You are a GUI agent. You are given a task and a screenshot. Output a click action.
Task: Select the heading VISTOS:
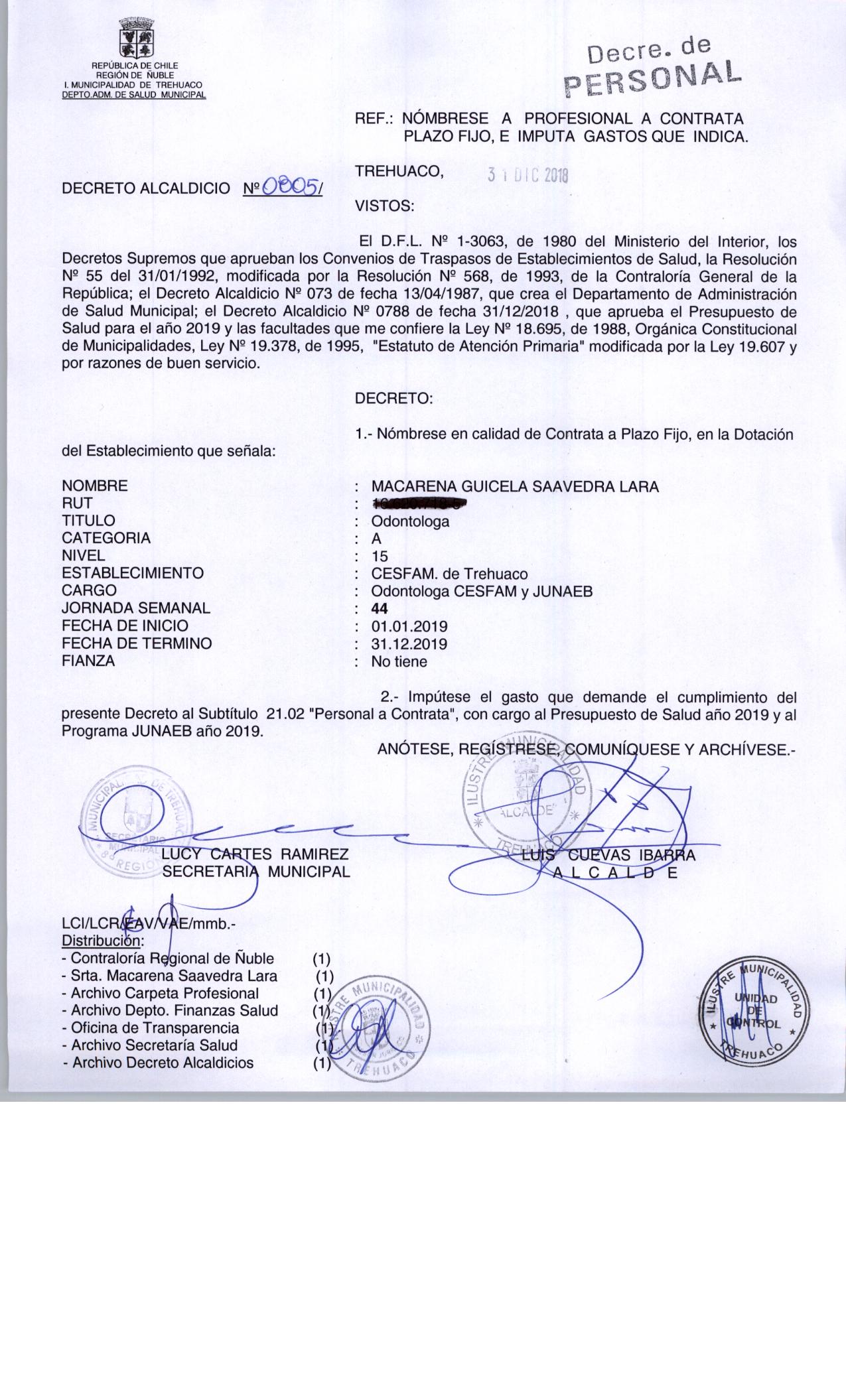[x=385, y=206]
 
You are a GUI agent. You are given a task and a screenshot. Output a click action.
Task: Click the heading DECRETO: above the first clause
[x=393, y=399]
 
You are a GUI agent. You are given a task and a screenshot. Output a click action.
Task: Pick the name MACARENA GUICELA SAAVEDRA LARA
[x=515, y=487]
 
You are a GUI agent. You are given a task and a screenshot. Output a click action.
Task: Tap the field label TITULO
[x=88, y=521]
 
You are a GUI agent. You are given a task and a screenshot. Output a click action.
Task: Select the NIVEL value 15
[x=380, y=557]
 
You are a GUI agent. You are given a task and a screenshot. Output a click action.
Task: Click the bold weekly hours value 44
[x=380, y=608]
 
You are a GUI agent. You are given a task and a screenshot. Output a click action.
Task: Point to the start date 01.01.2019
[x=409, y=626]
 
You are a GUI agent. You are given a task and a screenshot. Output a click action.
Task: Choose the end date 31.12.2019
[x=409, y=643]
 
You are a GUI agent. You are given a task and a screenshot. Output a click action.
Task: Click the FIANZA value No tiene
[x=399, y=661]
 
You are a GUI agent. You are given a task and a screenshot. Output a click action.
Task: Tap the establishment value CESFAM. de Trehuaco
[x=449, y=574]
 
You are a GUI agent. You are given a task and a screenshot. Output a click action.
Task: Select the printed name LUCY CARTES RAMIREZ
[x=255, y=854]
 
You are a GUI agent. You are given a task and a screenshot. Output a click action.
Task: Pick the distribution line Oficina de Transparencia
[x=155, y=1028]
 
